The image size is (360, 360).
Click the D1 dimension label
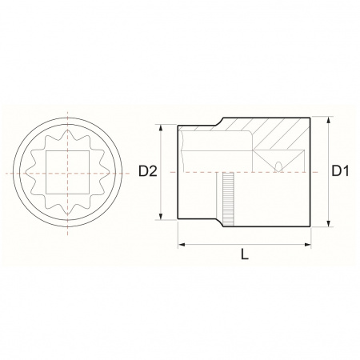[x=340, y=170]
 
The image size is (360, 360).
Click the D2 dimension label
[x=148, y=171]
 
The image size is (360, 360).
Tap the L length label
[x=245, y=254]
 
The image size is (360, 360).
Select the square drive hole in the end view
[x=68, y=172]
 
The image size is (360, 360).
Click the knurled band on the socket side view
[x=229, y=199]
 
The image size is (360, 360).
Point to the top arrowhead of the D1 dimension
[x=329, y=120]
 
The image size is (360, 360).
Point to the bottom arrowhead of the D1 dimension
[x=329, y=223]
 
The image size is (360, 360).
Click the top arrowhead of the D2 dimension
[x=161, y=128]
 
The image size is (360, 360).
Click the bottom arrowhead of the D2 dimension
[x=161, y=216]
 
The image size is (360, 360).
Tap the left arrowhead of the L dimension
[x=182, y=244]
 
